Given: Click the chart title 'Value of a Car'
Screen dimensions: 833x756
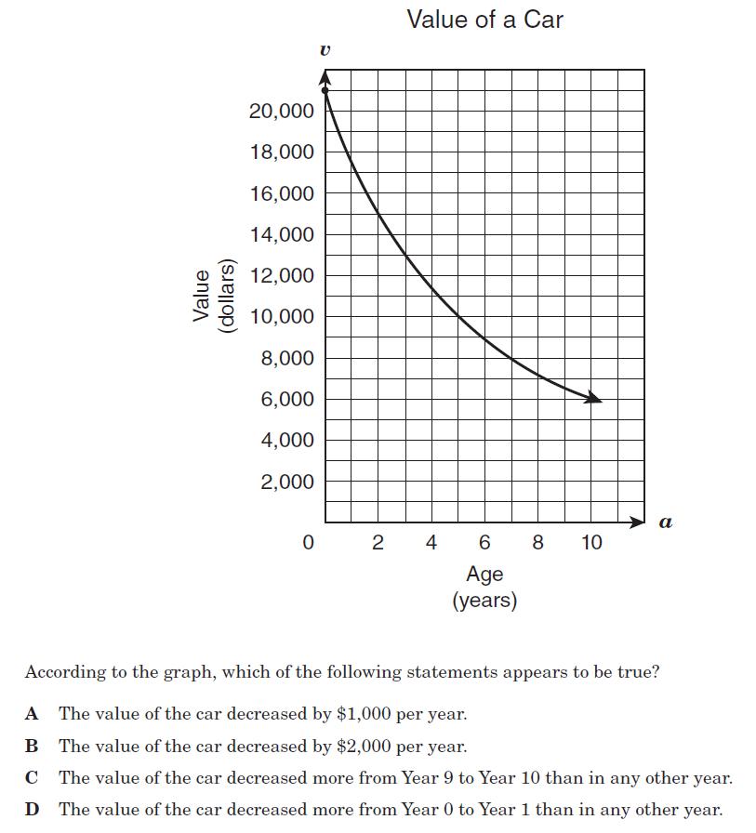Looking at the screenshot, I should coord(484,20).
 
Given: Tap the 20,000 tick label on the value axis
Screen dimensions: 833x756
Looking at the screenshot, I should coord(282,112).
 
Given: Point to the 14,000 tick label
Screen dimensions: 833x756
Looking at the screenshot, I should coord(282,235).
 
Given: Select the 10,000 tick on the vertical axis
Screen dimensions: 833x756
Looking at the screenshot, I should coord(282,317).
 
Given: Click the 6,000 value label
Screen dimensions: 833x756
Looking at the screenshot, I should coord(287,400).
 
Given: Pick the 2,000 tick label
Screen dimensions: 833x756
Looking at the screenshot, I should coord(287,482).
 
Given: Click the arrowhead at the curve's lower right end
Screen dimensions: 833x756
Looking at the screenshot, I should coord(595,399).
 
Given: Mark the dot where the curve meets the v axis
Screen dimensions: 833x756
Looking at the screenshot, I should coord(325,90).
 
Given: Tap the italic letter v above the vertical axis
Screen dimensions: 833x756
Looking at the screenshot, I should coord(324,51).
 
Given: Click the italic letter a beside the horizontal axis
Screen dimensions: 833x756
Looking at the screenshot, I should coord(665,522).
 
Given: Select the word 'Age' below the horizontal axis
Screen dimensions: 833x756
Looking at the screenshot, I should coord(484,574).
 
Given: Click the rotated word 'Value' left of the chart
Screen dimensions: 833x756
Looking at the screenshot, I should coord(200,295).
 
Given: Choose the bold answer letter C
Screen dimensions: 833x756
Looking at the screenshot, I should coord(33,778).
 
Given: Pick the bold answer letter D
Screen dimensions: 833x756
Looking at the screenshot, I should coord(33,809).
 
